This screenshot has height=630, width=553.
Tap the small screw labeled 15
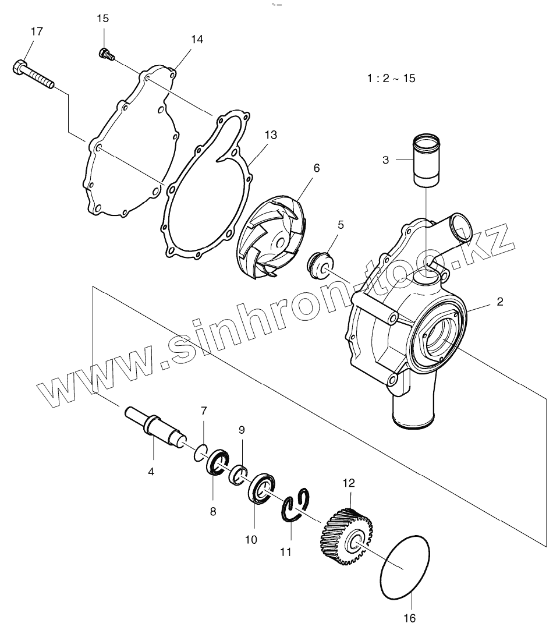tap(106, 54)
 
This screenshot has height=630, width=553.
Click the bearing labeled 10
tap(262, 487)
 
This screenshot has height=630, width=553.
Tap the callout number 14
tap(197, 40)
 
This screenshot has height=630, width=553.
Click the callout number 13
tap(270, 135)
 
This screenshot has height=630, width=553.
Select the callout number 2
tap(499, 302)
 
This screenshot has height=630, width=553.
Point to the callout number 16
tap(411, 618)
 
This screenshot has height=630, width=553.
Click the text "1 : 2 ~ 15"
tap(391, 78)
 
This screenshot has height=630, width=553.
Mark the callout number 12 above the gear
tap(349, 483)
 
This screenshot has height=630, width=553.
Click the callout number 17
tap(36, 31)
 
